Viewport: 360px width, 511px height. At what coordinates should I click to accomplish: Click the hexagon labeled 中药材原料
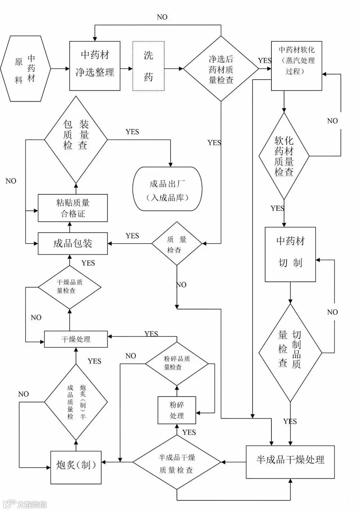25,69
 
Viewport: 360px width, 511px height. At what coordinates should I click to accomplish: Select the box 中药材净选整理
95,66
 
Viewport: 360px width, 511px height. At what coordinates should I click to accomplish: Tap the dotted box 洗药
148,66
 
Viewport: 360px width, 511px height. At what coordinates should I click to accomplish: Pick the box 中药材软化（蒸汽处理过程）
296,66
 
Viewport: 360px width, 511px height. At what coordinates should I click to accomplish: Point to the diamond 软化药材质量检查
284,156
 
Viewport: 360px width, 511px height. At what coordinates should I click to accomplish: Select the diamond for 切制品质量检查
290,353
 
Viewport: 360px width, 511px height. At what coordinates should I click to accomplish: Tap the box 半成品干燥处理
290,462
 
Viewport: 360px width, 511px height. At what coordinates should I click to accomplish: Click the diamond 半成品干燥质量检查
177,462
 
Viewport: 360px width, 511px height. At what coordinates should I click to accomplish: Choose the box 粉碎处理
177,410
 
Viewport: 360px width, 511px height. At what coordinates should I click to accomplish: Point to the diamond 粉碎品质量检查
177,363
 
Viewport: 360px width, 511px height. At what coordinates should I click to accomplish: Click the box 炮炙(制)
76,467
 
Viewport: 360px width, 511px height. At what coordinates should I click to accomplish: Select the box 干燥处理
76,339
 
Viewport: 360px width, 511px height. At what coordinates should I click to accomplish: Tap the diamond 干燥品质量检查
70,287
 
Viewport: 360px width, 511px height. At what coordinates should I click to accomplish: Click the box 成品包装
73,243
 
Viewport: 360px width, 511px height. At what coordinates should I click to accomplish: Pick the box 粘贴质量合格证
73,208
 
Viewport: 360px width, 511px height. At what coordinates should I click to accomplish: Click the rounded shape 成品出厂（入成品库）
167,189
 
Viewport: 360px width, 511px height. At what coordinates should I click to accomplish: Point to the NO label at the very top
162,17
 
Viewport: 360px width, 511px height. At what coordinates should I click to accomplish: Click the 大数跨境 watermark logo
25,504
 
